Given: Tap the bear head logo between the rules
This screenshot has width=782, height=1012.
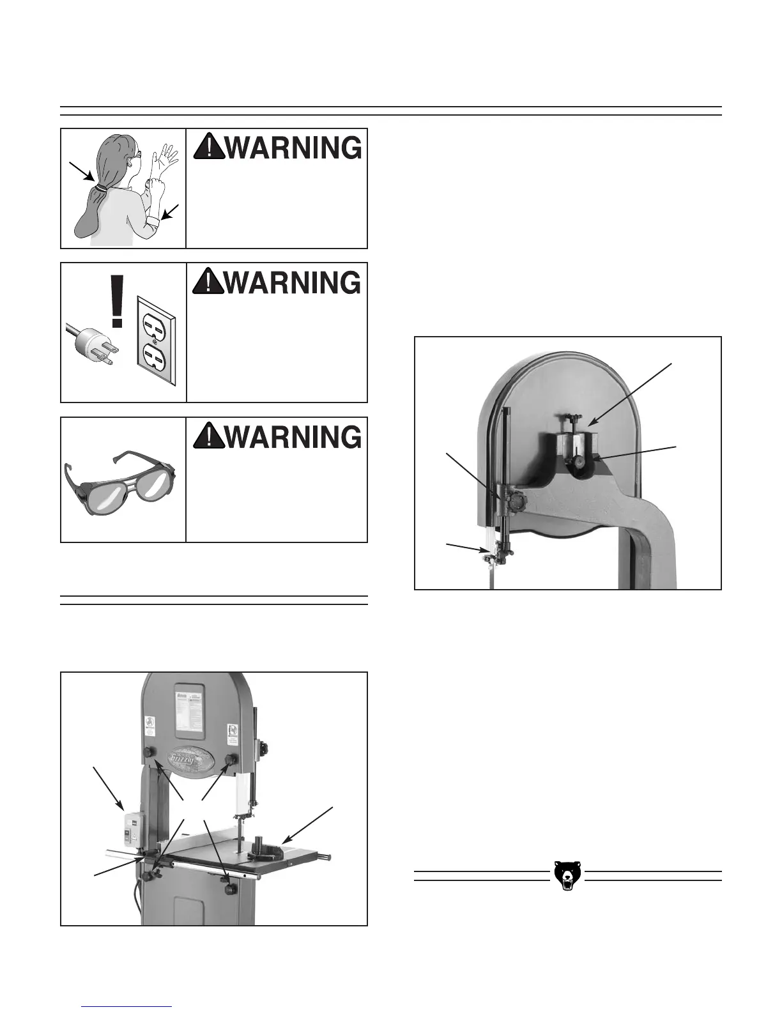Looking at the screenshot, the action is click(x=567, y=875).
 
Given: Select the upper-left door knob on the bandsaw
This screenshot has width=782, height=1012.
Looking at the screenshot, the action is click(x=155, y=752).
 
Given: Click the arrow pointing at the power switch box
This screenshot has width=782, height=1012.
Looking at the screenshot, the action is click(x=109, y=788).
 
